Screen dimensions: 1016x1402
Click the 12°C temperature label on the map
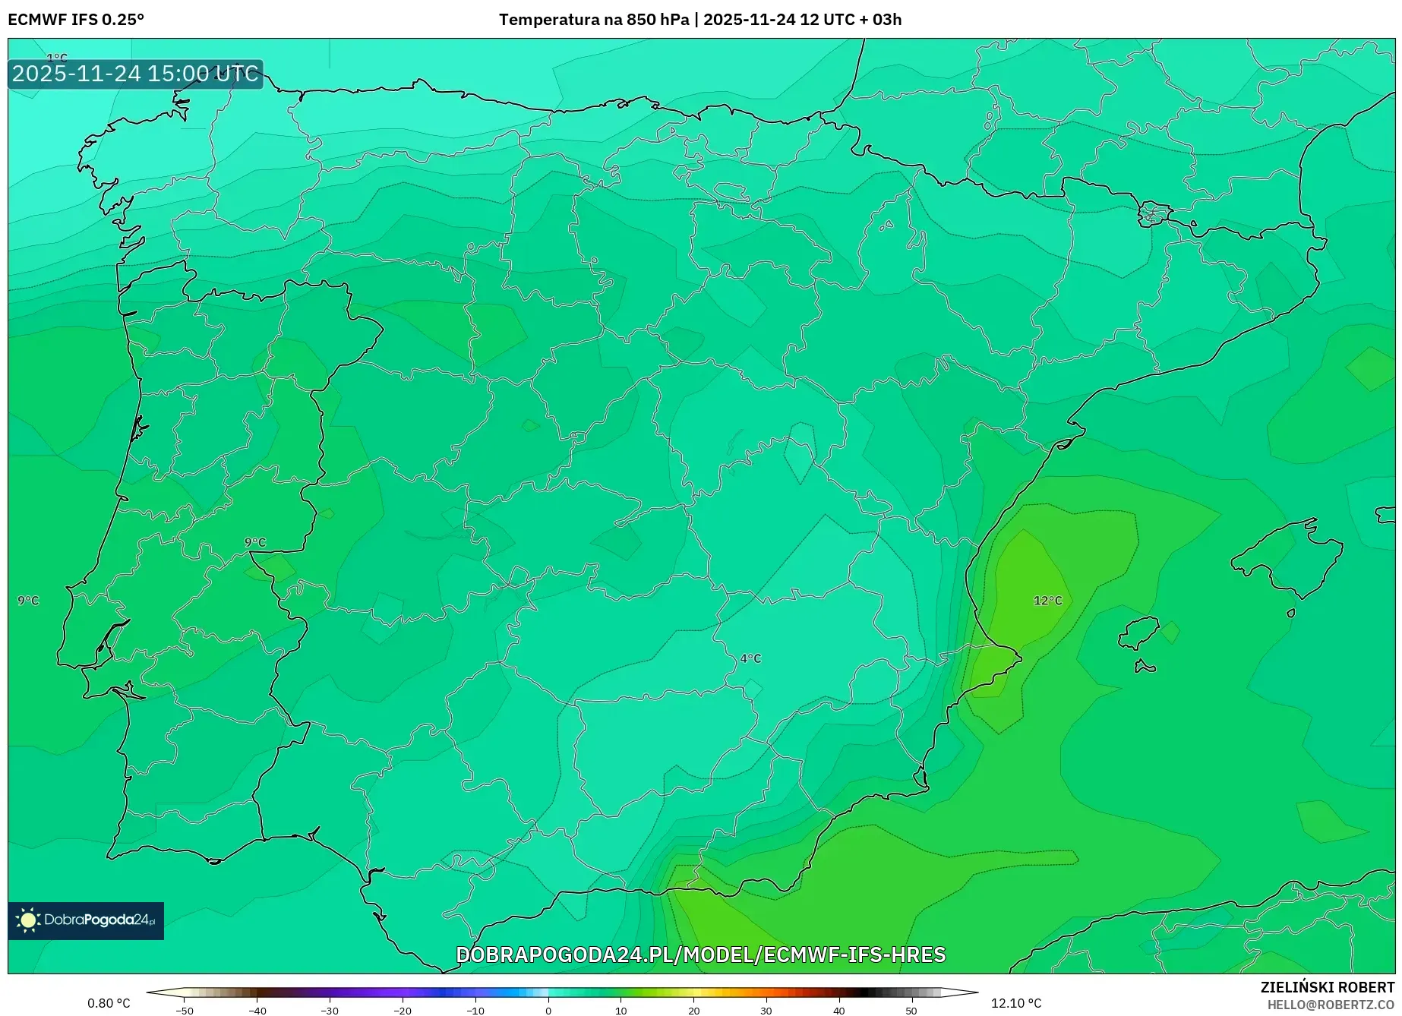[1047, 601]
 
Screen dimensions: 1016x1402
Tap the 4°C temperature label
[750, 658]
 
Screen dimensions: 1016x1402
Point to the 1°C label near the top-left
[57, 58]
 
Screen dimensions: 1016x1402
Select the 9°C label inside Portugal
[255, 542]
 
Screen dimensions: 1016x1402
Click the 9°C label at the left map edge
[28, 601]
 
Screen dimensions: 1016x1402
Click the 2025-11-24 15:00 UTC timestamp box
[135, 74]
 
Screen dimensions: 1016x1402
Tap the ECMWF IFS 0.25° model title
[76, 19]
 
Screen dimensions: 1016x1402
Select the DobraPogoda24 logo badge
[86, 920]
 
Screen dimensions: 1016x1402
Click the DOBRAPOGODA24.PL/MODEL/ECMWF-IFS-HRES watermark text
[700, 954]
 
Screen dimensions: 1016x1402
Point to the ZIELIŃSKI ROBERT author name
[1328, 987]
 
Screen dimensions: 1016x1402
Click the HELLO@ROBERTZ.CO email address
[1331, 1005]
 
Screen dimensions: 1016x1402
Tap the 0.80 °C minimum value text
[109, 1003]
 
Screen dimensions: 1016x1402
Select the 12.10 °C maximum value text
[1016, 1003]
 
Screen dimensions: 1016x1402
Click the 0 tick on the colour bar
[548, 1010]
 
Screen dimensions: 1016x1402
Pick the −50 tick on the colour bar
[184, 1010]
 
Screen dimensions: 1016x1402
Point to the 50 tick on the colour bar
[911, 1010]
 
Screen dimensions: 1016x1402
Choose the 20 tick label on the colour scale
[693, 1010]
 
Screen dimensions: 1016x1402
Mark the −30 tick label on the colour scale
[330, 1010]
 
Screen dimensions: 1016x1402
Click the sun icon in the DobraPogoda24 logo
[28, 920]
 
